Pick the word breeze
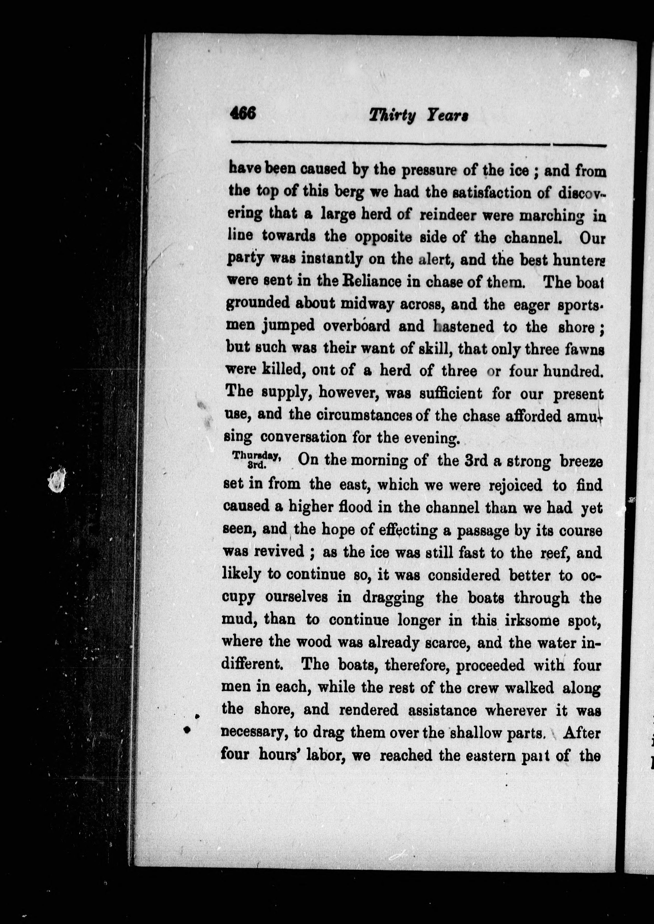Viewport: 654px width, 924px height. click(x=581, y=462)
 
